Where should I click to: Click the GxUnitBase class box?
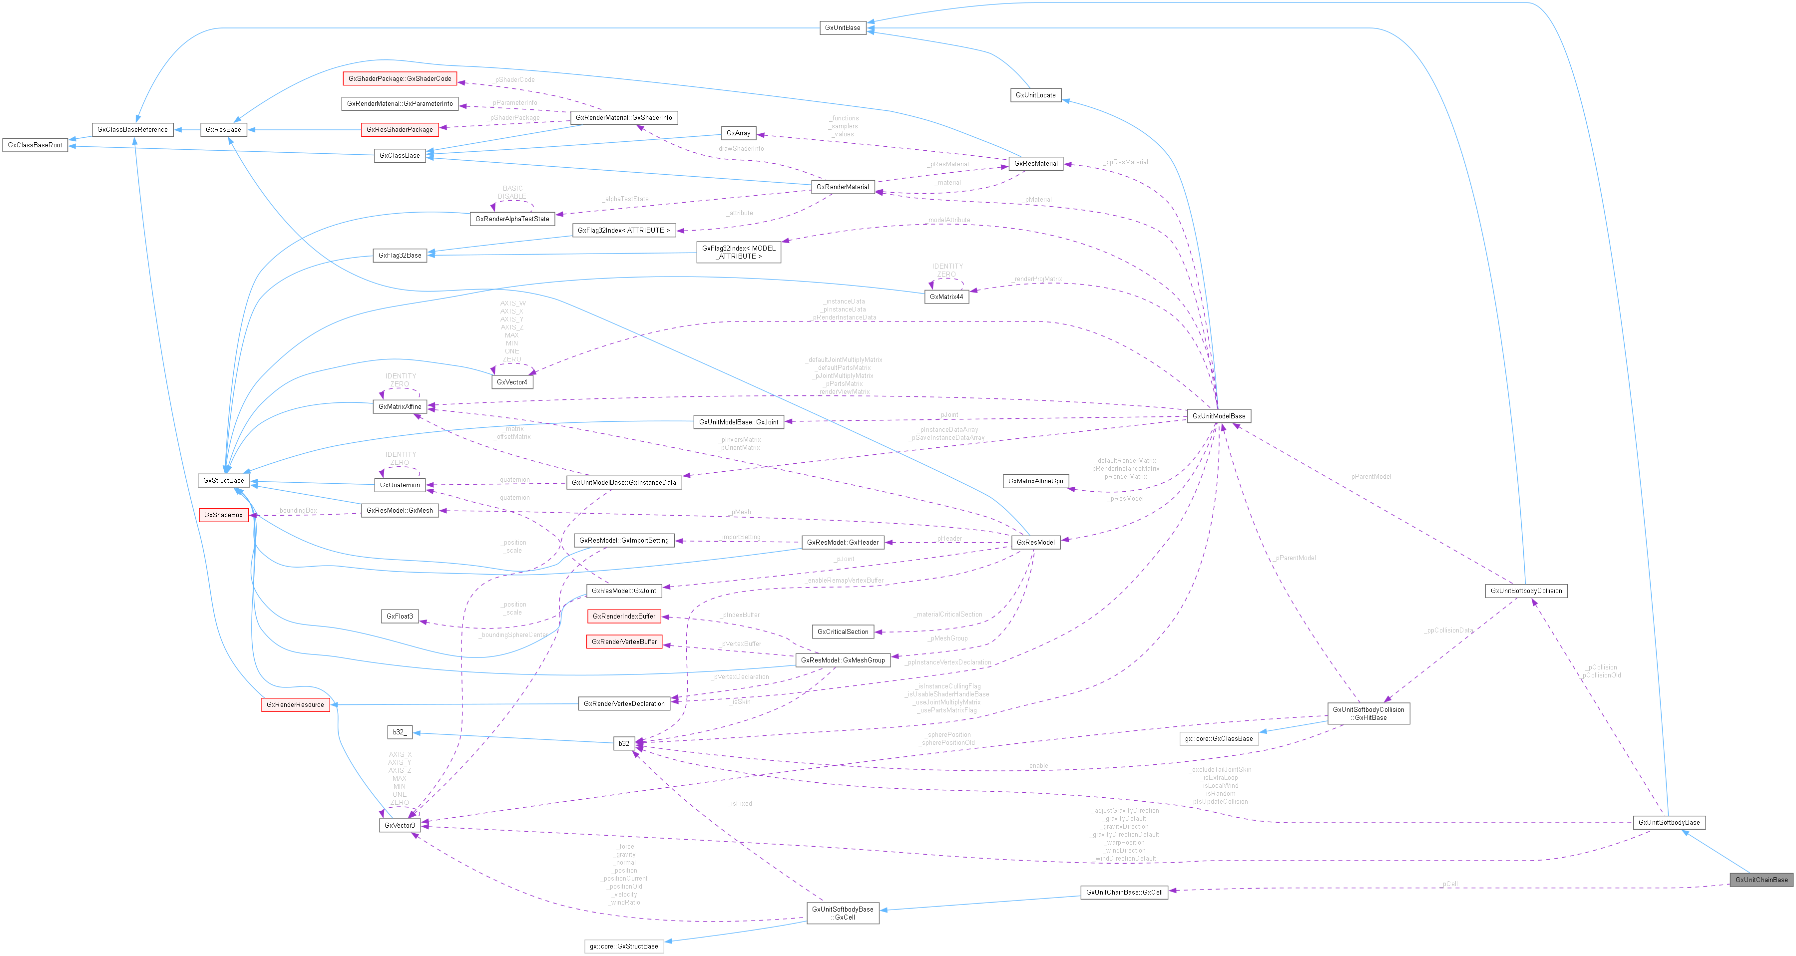(842, 28)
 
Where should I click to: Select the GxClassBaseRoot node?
(35, 145)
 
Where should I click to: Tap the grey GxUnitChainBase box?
(1761, 879)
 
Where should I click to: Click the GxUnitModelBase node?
(1218, 416)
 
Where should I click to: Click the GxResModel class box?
(1035, 542)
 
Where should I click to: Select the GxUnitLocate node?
(1035, 95)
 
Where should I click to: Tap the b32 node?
(623, 743)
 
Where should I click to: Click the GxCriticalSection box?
(843, 632)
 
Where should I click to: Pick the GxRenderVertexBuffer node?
(624, 641)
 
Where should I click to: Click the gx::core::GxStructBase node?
(623, 946)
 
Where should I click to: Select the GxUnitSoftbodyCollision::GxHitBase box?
(1368, 713)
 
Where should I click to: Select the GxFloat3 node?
(400, 616)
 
